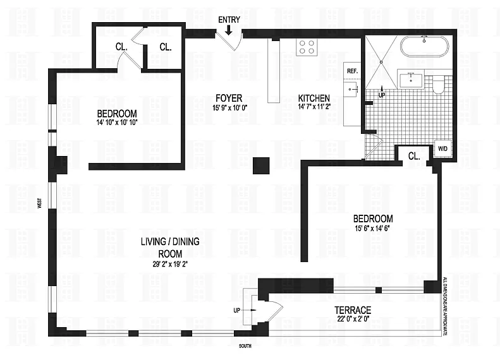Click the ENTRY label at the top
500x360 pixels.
click(x=229, y=20)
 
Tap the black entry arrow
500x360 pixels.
click(x=229, y=30)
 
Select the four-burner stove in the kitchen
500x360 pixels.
click(x=307, y=47)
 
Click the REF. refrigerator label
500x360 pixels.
click(x=352, y=71)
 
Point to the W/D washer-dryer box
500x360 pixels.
click(x=442, y=148)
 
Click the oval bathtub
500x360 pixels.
click(x=424, y=47)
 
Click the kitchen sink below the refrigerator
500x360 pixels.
click(x=351, y=88)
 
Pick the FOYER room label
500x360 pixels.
click(x=229, y=98)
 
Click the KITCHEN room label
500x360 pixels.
click(x=314, y=98)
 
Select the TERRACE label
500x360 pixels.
click(x=353, y=310)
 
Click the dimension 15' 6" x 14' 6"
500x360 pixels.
click(x=373, y=228)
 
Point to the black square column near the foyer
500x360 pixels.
click(x=261, y=165)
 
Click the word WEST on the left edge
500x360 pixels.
click(x=40, y=203)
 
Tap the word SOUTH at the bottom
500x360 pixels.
click(x=245, y=346)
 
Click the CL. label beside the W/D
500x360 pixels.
click(x=414, y=156)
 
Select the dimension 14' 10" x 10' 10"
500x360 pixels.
click(x=117, y=122)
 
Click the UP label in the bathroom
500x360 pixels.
click(x=382, y=95)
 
